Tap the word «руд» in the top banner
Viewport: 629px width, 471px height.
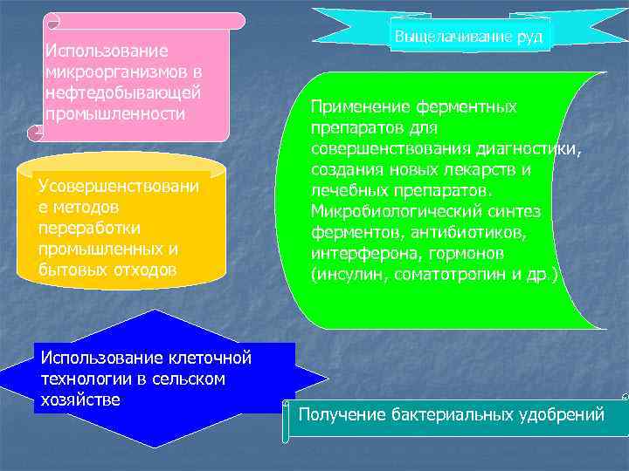(529, 38)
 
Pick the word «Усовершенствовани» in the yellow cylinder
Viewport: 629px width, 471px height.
(118, 188)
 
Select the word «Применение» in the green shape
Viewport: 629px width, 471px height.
(354, 107)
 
